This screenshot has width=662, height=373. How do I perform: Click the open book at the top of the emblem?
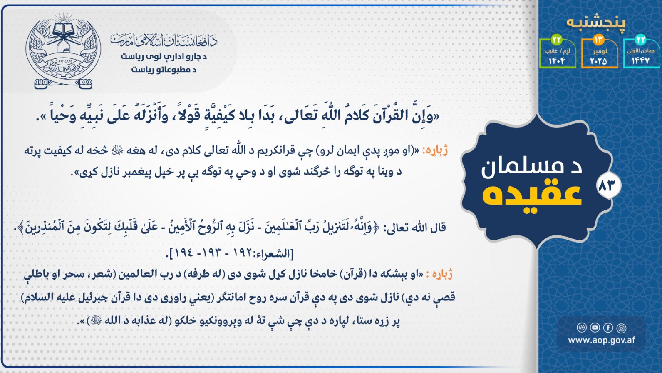pos(62,30)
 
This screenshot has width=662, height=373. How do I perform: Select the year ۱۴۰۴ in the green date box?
pos(557,61)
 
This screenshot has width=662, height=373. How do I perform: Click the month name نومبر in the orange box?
pos(600,51)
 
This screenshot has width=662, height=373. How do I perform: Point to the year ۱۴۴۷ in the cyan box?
pos(641,61)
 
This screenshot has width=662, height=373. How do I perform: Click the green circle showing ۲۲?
pos(556,40)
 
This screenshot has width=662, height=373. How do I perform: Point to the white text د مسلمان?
pos(531,168)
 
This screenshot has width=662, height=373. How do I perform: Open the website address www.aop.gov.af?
pos(601,340)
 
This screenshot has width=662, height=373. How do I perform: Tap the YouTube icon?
pos(595,328)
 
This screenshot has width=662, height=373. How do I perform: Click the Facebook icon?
pos(608,328)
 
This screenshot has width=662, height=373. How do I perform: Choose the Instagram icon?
pos(622,328)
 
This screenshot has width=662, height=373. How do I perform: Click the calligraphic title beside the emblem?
pos(164,40)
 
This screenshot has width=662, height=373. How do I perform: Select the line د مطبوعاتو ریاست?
pos(164,70)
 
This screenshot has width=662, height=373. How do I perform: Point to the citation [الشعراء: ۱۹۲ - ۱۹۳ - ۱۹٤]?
pos(231,253)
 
